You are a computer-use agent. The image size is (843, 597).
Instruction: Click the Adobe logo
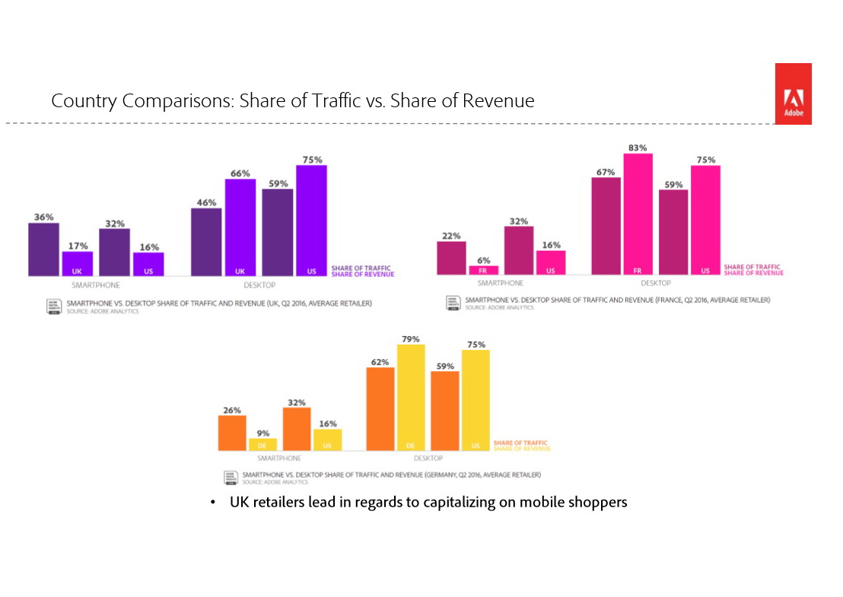coord(793,94)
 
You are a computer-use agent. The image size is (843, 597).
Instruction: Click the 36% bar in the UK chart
coord(43,249)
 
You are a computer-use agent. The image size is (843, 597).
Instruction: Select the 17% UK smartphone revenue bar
coord(78,263)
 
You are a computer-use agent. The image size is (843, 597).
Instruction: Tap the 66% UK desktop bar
coord(240,227)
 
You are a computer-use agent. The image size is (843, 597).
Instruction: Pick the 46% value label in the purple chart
coord(206,202)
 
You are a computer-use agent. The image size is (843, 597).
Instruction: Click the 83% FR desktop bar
coord(638,214)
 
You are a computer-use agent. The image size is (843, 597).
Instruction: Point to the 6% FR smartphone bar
coord(483,270)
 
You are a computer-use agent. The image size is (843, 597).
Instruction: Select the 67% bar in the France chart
coord(606,226)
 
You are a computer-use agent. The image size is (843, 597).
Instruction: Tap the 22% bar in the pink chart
coord(451,258)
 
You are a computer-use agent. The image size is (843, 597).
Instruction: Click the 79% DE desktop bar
coord(412,398)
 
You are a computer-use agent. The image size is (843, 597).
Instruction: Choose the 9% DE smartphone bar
coord(263,444)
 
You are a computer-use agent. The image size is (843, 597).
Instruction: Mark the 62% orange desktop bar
coord(380,409)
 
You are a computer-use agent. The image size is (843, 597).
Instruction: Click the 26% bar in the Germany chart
coord(232,433)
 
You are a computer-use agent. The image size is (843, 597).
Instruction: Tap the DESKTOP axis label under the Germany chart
coord(428,459)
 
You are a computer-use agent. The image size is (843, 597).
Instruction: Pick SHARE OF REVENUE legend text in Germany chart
coord(522,449)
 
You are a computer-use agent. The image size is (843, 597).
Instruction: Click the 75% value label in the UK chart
coord(312,160)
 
